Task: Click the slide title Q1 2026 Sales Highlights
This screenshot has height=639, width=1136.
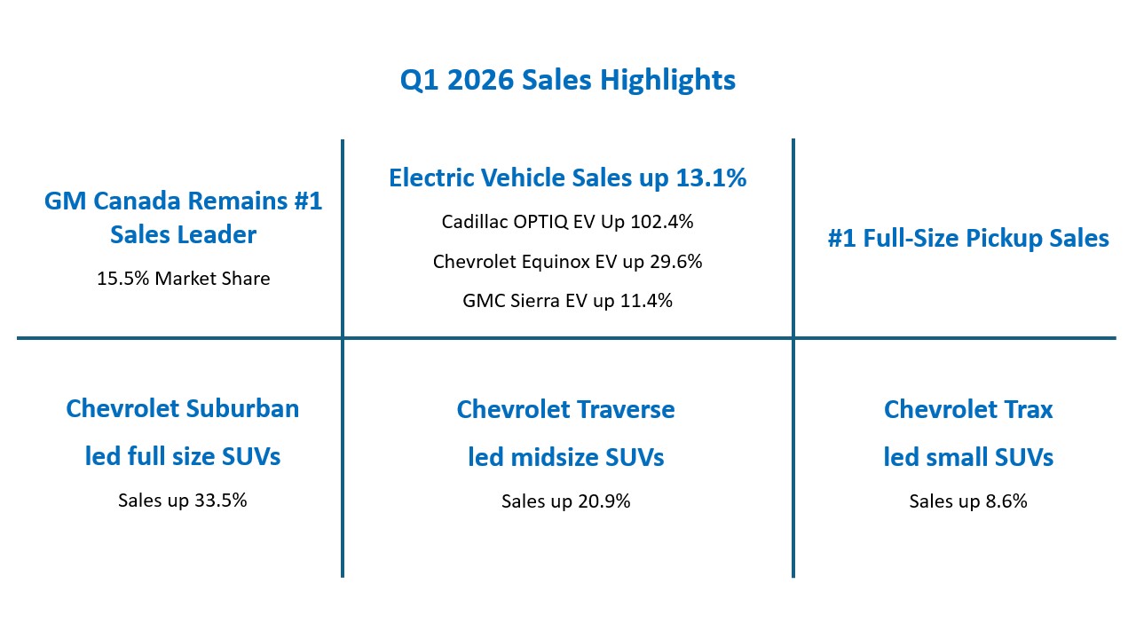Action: pos(567,80)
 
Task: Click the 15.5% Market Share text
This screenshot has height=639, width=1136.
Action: pos(183,279)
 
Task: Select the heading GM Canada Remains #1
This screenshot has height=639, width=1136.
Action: pos(183,201)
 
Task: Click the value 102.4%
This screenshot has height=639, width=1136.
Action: pos(661,222)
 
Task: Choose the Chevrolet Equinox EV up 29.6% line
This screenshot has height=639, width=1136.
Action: pos(567,262)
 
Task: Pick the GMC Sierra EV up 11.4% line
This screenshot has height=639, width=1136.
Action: pos(567,301)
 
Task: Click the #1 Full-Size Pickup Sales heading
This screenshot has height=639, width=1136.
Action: pos(968,238)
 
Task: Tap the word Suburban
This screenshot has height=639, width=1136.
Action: pos(242,409)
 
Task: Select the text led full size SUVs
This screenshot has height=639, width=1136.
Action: pos(183,456)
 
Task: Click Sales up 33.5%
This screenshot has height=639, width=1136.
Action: pos(182,500)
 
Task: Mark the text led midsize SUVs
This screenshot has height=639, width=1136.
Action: pos(566,457)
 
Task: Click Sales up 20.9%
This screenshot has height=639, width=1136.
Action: pos(566,501)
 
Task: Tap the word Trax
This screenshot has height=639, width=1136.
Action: pos(1029,410)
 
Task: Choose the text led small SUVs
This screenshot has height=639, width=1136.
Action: pos(968,457)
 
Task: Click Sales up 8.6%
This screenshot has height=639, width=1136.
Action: pos(968,501)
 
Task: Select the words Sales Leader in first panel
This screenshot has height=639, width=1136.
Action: pos(183,235)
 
